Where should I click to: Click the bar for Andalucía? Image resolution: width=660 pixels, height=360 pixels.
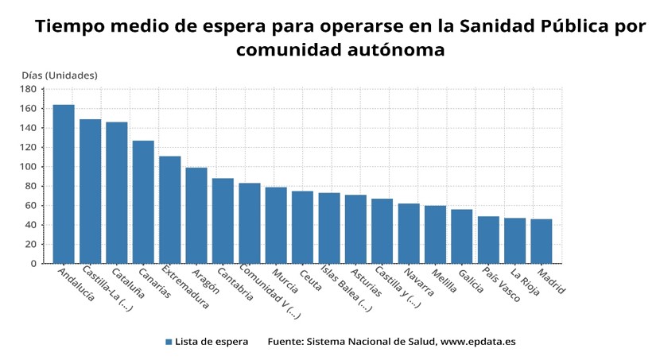point(64,184)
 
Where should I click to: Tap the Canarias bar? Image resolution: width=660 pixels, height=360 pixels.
point(143,202)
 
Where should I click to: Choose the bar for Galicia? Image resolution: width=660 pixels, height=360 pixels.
point(462,236)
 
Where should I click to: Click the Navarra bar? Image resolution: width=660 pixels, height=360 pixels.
point(409,233)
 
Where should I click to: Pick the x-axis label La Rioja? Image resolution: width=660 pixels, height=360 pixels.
point(525,283)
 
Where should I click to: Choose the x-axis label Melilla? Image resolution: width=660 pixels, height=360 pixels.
point(446,282)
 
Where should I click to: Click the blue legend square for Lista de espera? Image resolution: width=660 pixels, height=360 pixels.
point(169,342)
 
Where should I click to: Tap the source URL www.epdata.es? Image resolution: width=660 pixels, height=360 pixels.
point(478,342)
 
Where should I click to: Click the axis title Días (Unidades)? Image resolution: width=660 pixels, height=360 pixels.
point(60,75)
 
